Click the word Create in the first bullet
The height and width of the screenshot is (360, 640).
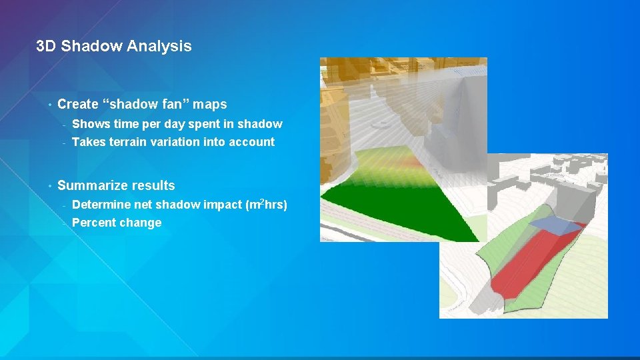coord(78,104)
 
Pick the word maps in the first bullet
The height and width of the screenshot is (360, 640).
coord(211,104)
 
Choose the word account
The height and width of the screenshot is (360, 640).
coord(251,141)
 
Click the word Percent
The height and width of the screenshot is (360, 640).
coord(93,223)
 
